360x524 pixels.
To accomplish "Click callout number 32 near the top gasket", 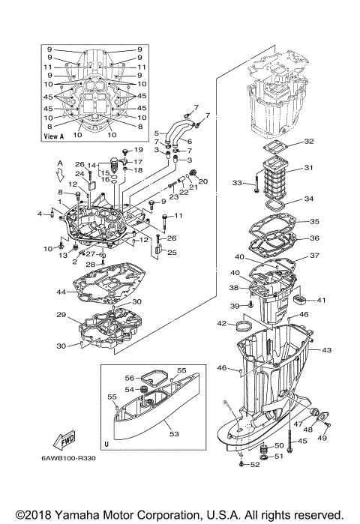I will pyautogui.click(x=309, y=141).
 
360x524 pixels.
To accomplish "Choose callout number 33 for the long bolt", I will pyautogui.click(x=238, y=182).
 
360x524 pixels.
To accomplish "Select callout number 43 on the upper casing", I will pyautogui.click(x=326, y=350).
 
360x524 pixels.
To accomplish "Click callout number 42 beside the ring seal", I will pyautogui.click(x=222, y=324).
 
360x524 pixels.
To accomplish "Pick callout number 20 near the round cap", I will pyautogui.click(x=202, y=181).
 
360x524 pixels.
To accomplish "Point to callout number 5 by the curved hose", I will pyautogui.click(x=156, y=133).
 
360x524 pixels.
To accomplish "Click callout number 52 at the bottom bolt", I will pyautogui.click(x=254, y=466).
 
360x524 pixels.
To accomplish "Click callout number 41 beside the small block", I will pyautogui.click(x=321, y=301).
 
